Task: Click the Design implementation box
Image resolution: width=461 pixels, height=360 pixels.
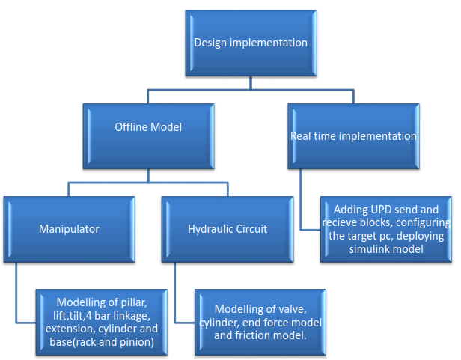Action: point(251,43)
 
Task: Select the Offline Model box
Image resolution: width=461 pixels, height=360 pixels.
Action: point(148,127)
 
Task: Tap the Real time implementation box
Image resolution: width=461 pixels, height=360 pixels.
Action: point(352,136)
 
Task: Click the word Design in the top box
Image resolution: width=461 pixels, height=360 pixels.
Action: point(210,43)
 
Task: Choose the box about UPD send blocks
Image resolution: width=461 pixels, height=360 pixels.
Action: point(385,229)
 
